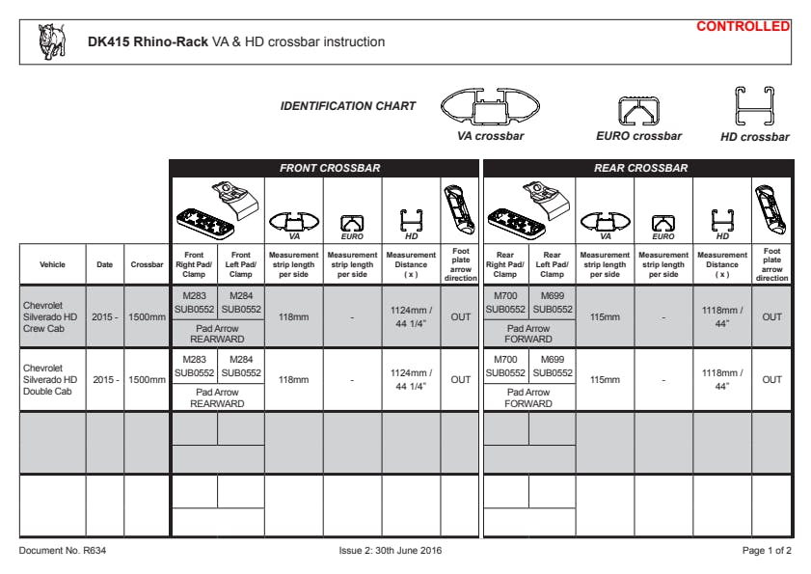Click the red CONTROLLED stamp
click(743, 26)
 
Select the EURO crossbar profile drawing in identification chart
click(637, 111)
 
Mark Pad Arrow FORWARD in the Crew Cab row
click(528, 334)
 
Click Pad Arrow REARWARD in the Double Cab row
click(217, 397)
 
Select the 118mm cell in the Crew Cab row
click(293, 316)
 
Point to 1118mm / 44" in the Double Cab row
click(721, 379)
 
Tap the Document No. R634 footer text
click(53, 551)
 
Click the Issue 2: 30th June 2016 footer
click(392, 551)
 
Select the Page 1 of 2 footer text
click(767, 551)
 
